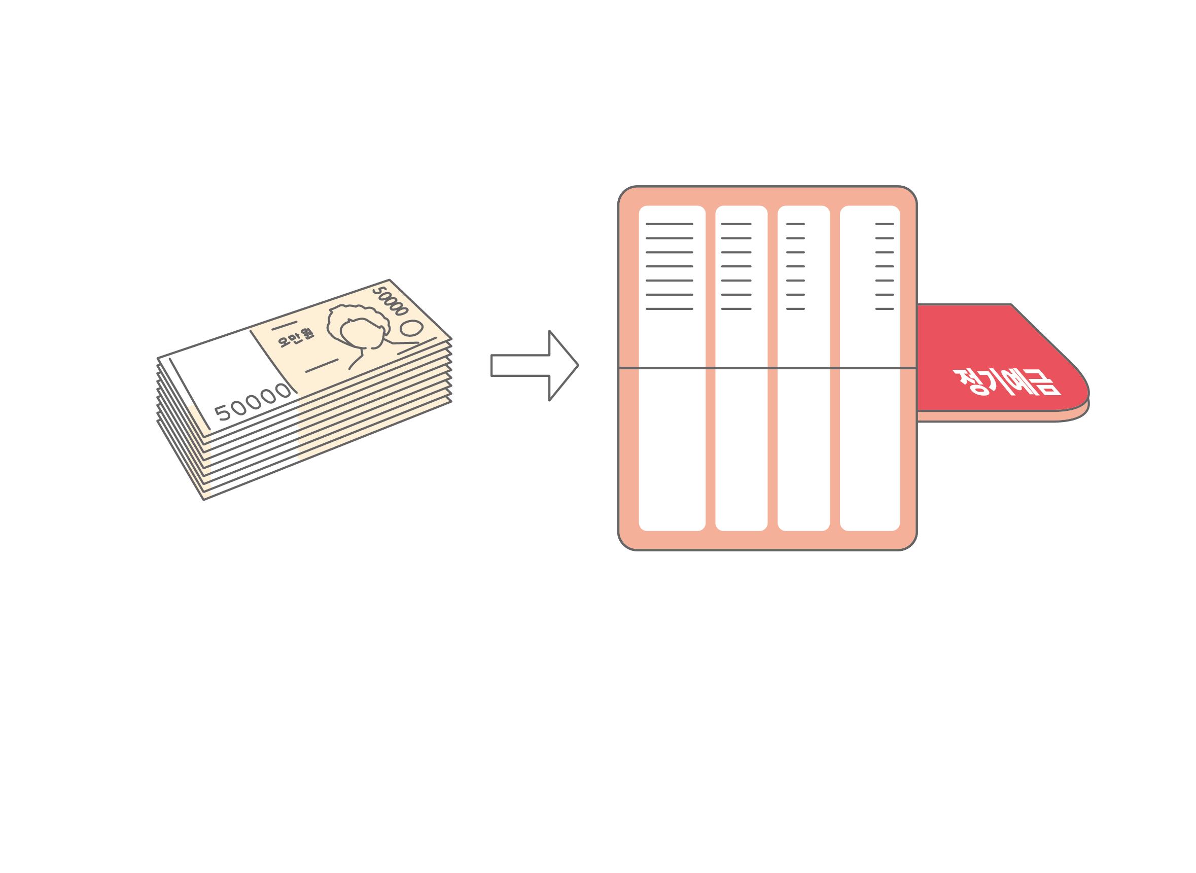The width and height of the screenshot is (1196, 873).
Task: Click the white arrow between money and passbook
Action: tap(534, 365)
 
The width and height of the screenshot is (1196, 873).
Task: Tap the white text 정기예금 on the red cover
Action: tap(1007, 381)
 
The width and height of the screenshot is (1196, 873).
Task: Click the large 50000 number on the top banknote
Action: tap(253, 402)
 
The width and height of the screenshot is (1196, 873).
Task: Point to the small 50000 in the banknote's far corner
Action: tap(391, 301)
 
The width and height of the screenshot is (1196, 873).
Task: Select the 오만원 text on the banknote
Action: tap(296, 338)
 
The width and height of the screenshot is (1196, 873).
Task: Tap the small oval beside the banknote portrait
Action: tap(411, 328)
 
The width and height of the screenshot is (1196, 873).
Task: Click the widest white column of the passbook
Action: tap(672, 368)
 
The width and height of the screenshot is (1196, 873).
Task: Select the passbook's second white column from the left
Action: tap(741, 368)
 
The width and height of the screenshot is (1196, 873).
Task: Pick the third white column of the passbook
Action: tap(803, 368)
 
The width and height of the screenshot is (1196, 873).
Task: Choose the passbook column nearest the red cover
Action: tap(870, 368)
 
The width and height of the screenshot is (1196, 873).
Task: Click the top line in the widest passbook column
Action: tap(670, 224)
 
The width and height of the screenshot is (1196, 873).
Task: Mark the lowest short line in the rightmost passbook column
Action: tap(885, 308)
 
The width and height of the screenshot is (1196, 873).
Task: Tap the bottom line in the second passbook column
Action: tap(736, 308)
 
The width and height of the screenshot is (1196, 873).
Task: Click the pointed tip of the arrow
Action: tap(578, 365)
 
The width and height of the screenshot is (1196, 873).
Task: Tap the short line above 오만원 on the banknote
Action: tap(284, 326)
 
